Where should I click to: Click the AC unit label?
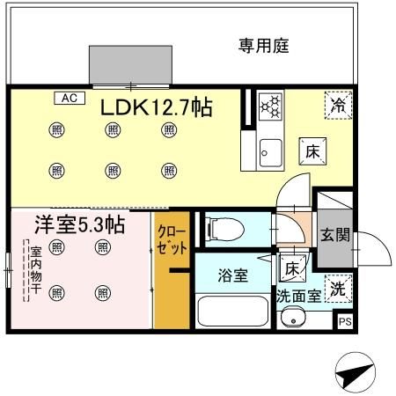coord(69,99)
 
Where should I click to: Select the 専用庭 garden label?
coord(264,44)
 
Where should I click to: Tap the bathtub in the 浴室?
coord(233,312)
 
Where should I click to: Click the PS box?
coord(346,322)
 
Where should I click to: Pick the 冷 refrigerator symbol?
coord(338,105)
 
